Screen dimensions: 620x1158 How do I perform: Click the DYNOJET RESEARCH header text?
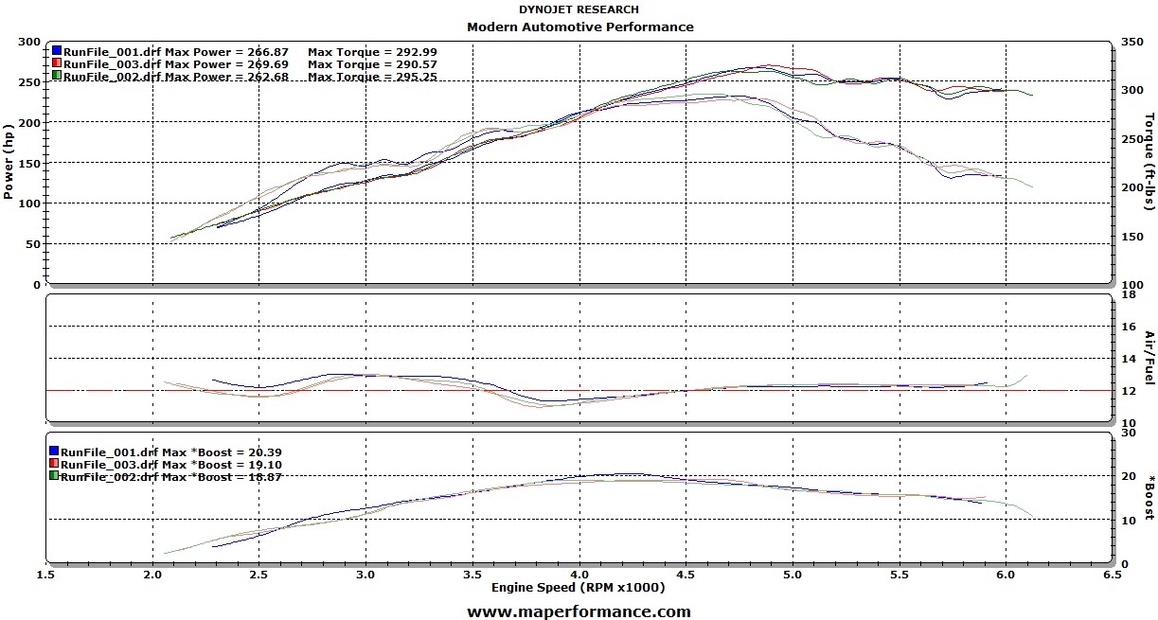579,9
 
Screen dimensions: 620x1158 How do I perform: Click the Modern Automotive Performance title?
579,27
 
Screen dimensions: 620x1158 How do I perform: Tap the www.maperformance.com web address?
579,611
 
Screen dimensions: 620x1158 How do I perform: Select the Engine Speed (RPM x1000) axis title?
578,588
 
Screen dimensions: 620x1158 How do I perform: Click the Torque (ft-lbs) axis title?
1149,161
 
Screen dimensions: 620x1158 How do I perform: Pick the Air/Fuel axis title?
1149,358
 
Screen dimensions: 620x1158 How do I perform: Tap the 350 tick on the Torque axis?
1131,43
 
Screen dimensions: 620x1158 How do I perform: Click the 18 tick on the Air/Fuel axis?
1128,294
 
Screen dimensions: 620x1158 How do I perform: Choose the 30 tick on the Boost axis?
1128,432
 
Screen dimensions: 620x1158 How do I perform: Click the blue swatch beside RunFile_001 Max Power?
57,50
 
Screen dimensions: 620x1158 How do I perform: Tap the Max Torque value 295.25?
411,77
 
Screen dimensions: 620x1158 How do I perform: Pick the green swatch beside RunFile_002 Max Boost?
54,476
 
